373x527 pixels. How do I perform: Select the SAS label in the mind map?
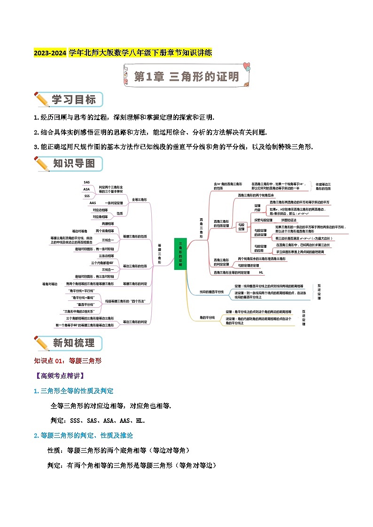coord(86,182)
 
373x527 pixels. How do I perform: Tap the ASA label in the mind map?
coord(86,189)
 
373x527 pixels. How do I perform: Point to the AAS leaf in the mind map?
coord(93,203)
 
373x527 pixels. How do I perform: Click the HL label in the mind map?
coord(261,272)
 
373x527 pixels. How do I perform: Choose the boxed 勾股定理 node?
coord(241,227)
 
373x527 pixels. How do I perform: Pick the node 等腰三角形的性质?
coord(134,236)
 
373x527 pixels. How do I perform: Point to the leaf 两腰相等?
coord(107,224)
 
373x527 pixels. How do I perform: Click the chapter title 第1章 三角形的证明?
coord(186,76)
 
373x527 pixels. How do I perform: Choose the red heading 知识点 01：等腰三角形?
coord(68,361)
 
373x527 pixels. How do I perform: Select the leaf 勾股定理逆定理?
coord(249,266)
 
